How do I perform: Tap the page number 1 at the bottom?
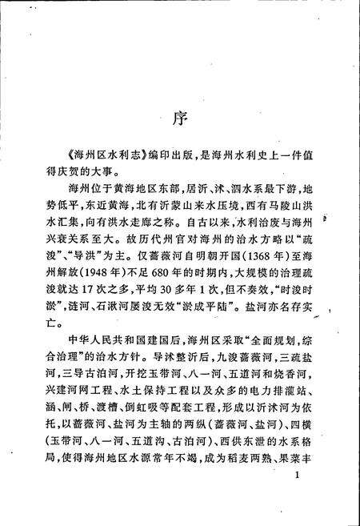coord(296,500)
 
